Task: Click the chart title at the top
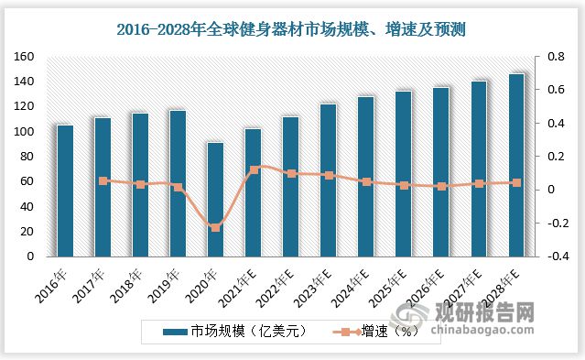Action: pos(292,30)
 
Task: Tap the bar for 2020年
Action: pos(215,199)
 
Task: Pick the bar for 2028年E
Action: pos(516,165)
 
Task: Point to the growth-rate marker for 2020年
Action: pos(215,226)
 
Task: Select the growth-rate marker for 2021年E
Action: pos(254,169)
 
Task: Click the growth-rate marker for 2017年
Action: pos(103,181)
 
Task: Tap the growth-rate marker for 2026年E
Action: pos(441,186)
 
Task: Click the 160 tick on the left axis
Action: pos(22,57)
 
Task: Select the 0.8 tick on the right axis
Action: pos(556,57)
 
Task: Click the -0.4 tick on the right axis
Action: pos(555,256)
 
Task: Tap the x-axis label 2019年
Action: pos(170,276)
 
